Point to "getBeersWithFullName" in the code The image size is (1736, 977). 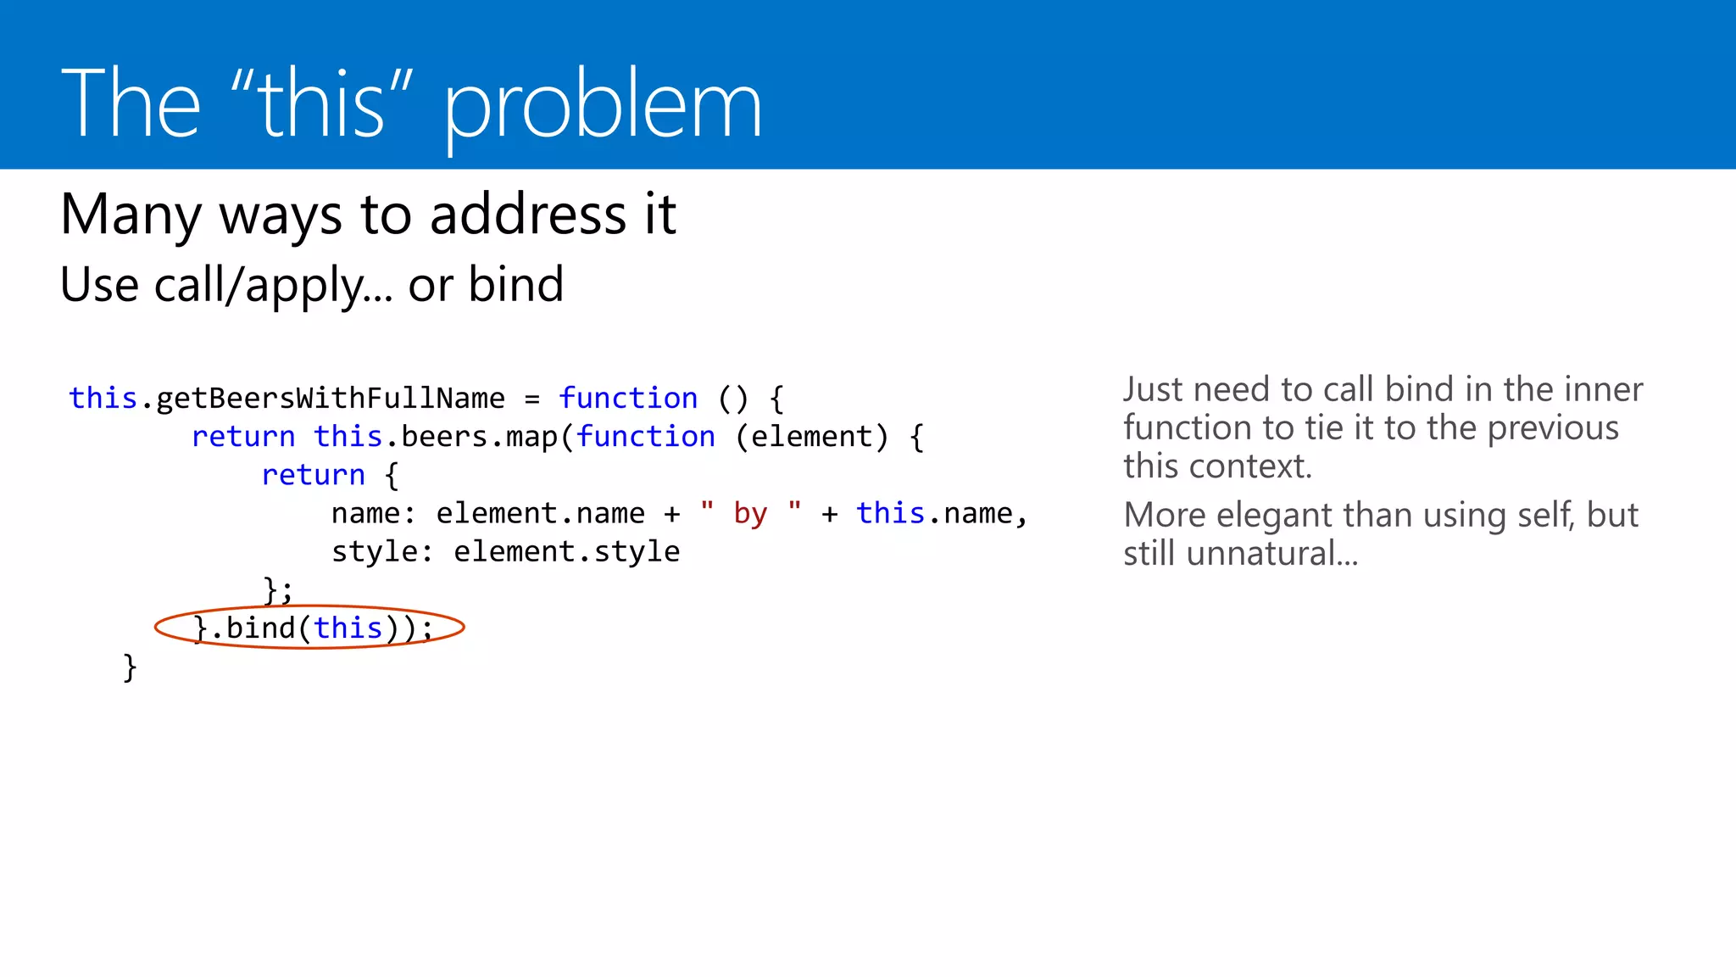[331, 398]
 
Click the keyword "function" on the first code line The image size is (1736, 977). [628, 398]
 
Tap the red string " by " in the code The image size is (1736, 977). [751, 513]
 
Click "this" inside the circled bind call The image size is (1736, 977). [348, 628]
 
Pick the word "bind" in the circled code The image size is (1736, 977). [260, 628]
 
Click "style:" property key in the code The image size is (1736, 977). [382, 552]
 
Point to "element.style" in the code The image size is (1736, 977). [567, 552]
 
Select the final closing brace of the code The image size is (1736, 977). [130, 667]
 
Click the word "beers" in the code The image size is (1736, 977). [444, 437]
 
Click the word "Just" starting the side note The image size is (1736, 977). [1153, 390]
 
